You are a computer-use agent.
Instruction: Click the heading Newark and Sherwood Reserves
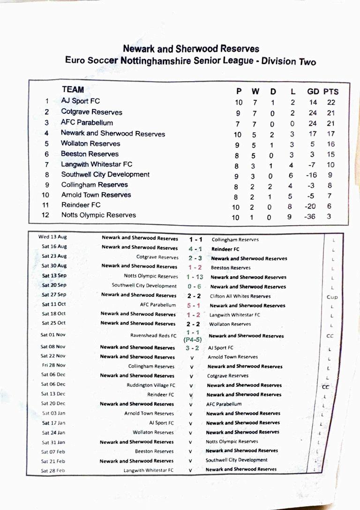pos(191,49)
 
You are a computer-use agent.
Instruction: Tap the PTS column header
pos(330,91)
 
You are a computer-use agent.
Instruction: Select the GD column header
pos(313,91)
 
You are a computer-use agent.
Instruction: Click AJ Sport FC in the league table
pos(80,101)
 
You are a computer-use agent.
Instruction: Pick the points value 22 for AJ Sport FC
pos(331,102)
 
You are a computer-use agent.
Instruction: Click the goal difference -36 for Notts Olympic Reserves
pos(310,217)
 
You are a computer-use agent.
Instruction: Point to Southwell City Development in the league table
pos(105,174)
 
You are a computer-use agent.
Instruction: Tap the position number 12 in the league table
pos(46,215)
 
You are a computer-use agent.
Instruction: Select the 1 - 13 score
pos(195,277)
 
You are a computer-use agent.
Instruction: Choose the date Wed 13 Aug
pos(52,237)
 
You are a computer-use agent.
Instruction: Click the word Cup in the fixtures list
pos(332,297)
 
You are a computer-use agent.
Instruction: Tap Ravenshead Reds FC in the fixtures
pos(153,336)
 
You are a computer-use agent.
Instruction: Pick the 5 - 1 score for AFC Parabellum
pos(194,305)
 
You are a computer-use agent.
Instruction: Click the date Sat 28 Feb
pos(53,470)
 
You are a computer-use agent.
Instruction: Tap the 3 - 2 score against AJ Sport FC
pos(192,348)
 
